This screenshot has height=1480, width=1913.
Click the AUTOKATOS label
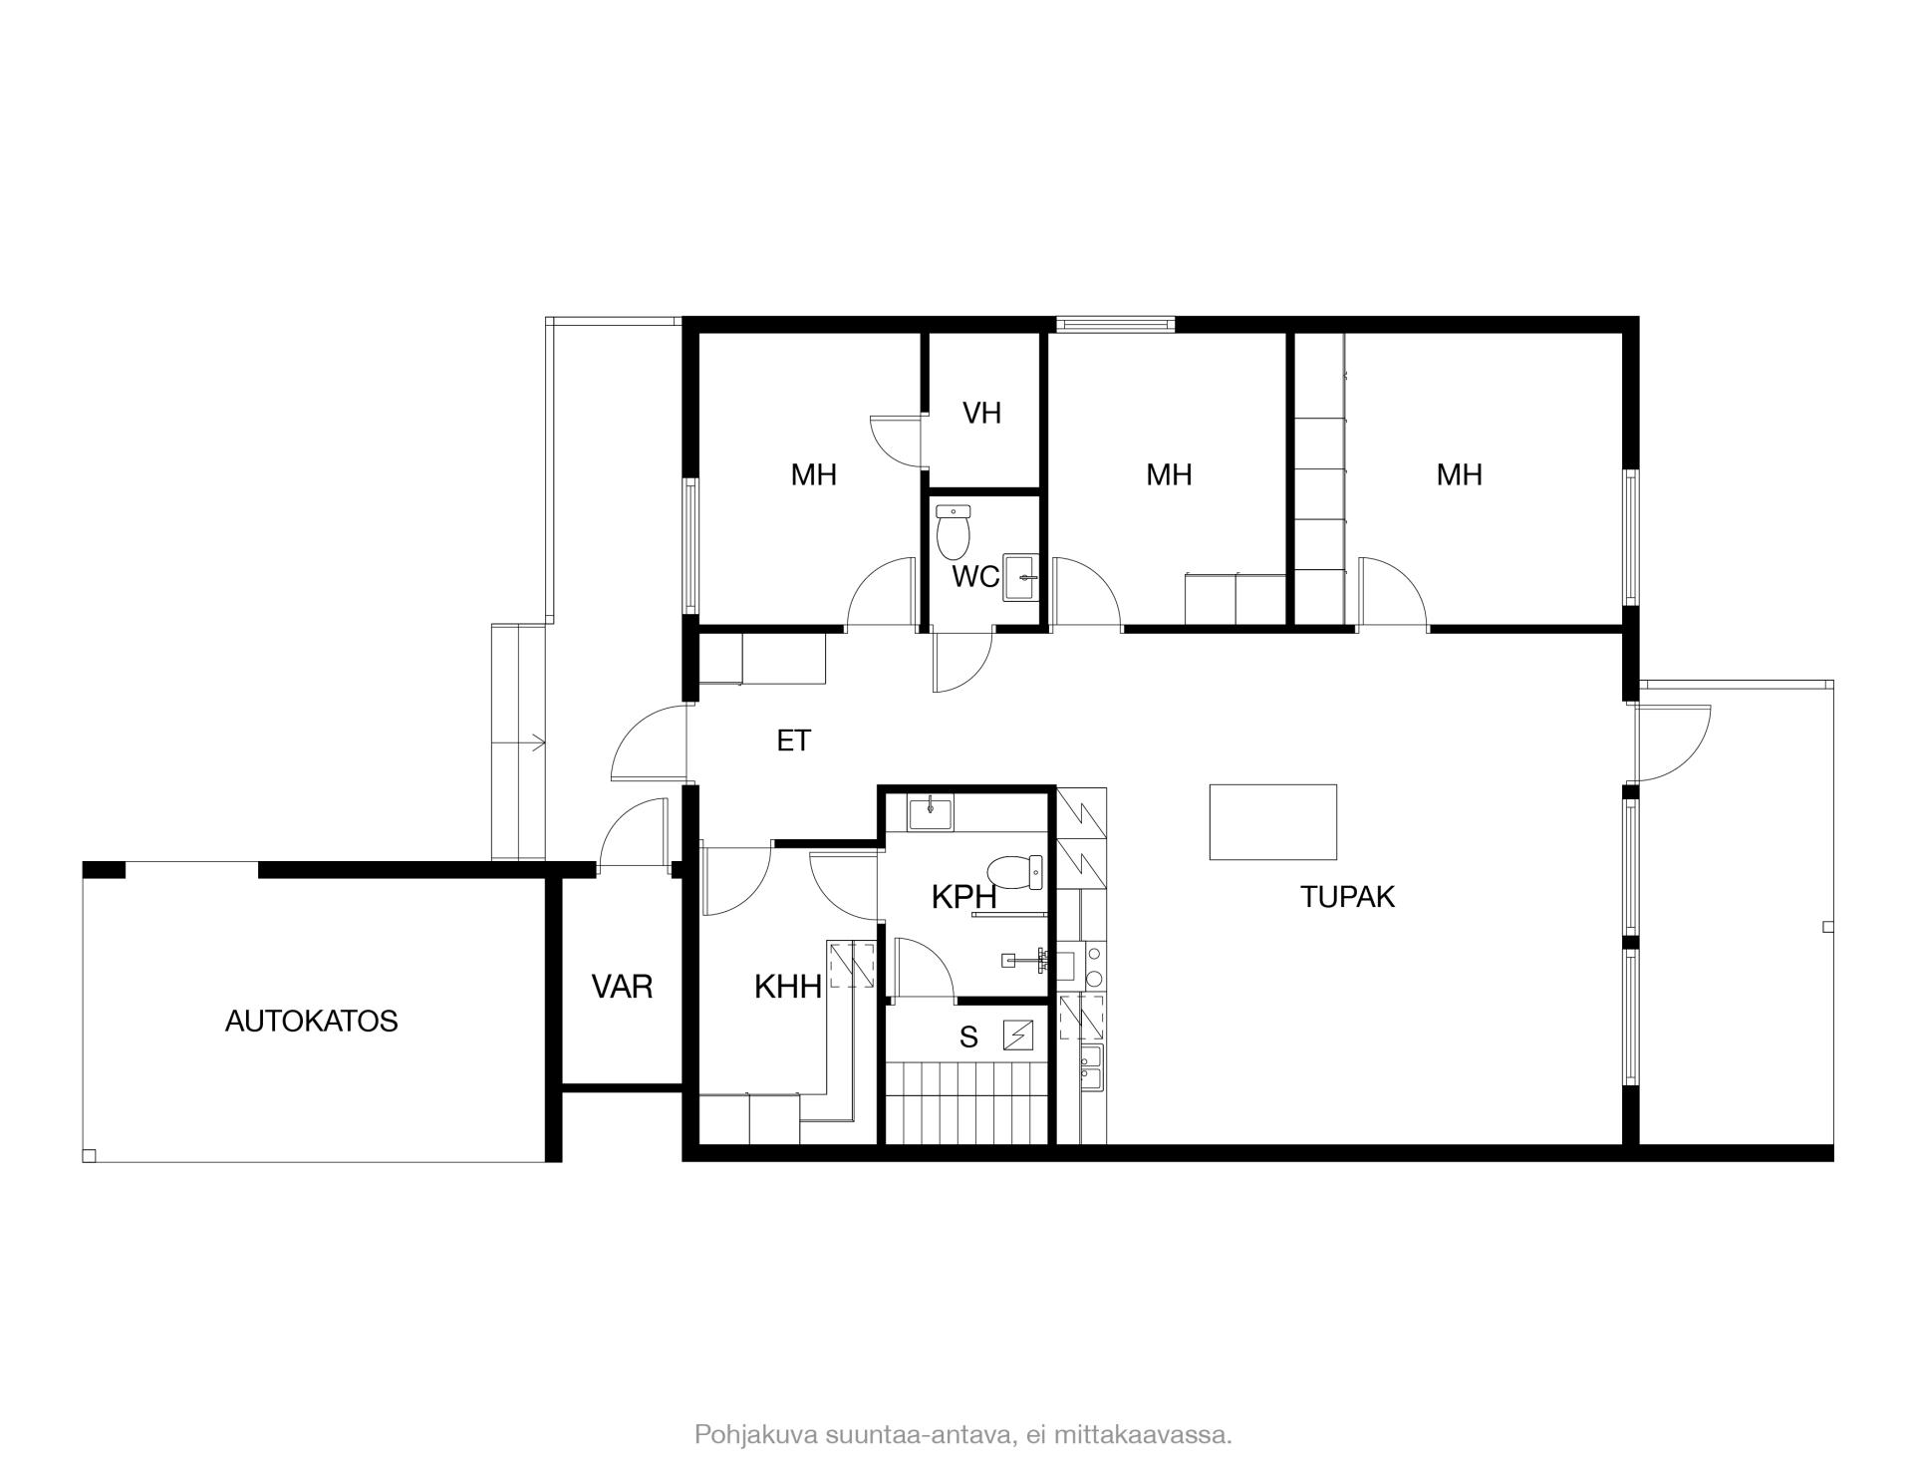[311, 1022]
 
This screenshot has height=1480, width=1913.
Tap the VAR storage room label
[622, 987]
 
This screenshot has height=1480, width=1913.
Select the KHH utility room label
[788, 987]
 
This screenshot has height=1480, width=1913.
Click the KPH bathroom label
[963, 897]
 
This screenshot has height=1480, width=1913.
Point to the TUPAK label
[1347, 897]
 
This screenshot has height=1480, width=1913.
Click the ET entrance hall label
[794, 740]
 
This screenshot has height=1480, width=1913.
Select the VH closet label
[981, 413]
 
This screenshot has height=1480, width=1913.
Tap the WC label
[975, 577]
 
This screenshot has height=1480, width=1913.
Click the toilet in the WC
[954, 531]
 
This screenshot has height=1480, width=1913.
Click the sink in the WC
[1021, 578]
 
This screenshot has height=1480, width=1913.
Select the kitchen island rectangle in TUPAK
[1272, 821]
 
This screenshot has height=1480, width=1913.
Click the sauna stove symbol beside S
[1018, 1036]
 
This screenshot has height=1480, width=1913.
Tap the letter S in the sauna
[968, 1037]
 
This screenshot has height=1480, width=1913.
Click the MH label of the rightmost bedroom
[1459, 474]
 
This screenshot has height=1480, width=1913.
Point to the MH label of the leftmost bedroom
[813, 474]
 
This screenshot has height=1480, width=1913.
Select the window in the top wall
[1115, 324]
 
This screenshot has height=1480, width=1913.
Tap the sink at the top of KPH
[930, 812]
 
